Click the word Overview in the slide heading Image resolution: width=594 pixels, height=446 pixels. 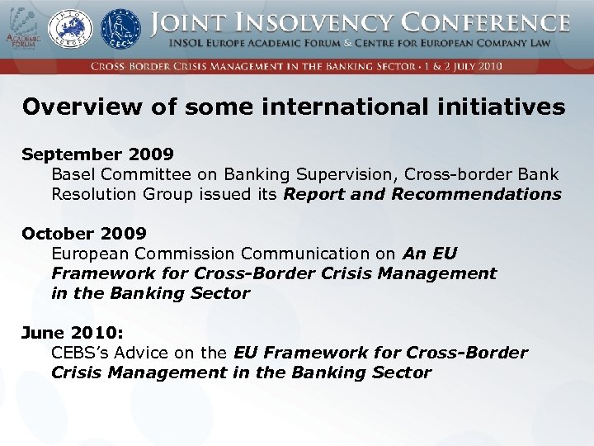[x=74, y=107]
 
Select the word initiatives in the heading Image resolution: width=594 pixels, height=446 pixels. [x=497, y=107]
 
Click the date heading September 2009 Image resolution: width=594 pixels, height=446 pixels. [x=97, y=154]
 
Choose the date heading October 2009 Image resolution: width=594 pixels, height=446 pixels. [x=84, y=234]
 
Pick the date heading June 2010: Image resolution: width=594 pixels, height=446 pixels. [x=73, y=333]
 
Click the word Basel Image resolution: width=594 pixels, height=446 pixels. [x=73, y=174]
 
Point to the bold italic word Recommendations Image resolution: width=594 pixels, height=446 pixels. [x=477, y=194]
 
